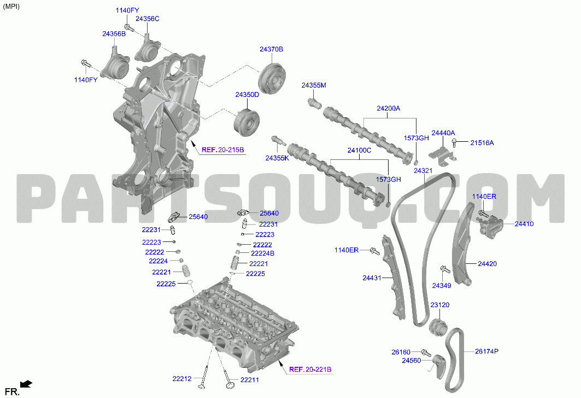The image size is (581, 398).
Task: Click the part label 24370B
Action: [271, 49]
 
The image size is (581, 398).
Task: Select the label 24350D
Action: [247, 95]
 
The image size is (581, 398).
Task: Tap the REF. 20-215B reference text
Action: [222, 150]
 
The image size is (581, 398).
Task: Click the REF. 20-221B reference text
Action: [310, 370]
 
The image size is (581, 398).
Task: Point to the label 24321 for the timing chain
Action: [423, 171]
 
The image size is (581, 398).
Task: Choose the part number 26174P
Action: [486, 351]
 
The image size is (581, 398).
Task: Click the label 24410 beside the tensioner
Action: [524, 224]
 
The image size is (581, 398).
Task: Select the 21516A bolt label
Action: [482, 142]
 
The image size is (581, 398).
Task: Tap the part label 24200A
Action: [388, 108]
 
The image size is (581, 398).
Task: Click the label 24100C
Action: [359, 151]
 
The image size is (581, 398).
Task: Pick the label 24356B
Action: [114, 34]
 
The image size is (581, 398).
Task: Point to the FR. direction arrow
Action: [26, 384]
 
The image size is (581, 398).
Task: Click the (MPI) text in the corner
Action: [11, 7]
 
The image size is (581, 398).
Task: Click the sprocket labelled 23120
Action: [438, 327]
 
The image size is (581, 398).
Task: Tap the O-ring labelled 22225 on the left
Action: [189, 283]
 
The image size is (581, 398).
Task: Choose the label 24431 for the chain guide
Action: [372, 278]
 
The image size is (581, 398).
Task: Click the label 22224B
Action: [263, 253]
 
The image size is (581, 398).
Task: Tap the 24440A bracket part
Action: [442, 154]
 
